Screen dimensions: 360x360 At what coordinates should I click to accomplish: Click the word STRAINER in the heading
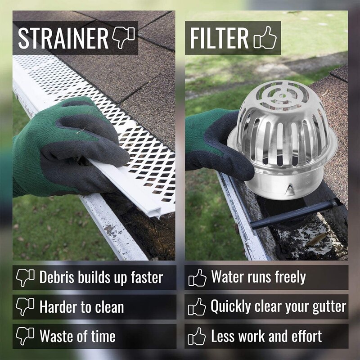pos(63,39)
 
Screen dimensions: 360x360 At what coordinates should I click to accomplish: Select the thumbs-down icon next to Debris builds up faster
pos(25,277)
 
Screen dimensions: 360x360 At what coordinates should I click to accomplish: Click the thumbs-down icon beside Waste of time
pos(25,336)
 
